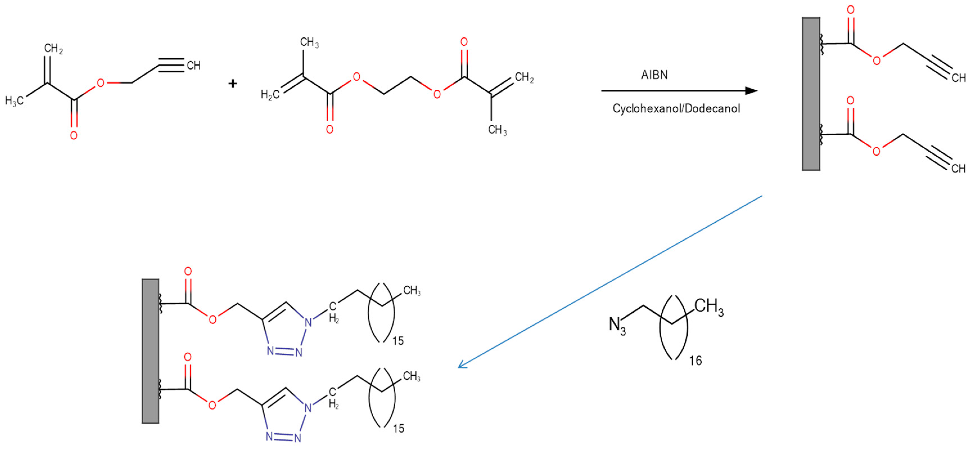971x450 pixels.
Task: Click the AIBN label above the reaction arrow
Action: pyautogui.click(x=654, y=75)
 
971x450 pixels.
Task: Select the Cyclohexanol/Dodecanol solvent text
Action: pyautogui.click(x=676, y=109)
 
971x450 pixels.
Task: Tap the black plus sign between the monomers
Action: pyautogui.click(x=233, y=83)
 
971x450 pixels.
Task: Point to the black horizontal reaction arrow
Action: pyautogui.click(x=679, y=91)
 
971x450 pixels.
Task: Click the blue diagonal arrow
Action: pyautogui.click(x=611, y=281)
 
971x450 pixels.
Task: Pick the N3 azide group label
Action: pyautogui.click(x=617, y=325)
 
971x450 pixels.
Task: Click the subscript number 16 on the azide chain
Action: pyautogui.click(x=695, y=361)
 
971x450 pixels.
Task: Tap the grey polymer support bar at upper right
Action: pyautogui.click(x=811, y=94)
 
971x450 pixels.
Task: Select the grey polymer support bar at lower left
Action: pyautogui.click(x=150, y=351)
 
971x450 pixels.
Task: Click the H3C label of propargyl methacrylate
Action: pyautogui.click(x=14, y=101)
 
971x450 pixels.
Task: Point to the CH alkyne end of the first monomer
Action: pyautogui.click(x=193, y=66)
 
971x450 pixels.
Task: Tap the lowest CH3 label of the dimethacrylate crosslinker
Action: pyautogui.click(x=498, y=130)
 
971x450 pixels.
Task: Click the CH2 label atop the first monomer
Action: pyautogui.click(x=53, y=49)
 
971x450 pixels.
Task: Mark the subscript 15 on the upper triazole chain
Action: pyautogui.click(x=398, y=341)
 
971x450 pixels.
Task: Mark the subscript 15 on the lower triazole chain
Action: pyautogui.click(x=398, y=429)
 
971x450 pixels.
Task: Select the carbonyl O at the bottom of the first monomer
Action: pyautogui.click(x=74, y=135)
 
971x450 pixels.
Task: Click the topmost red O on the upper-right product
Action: pyautogui.click(x=851, y=10)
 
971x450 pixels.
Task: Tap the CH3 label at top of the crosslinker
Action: pyautogui.click(x=309, y=42)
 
